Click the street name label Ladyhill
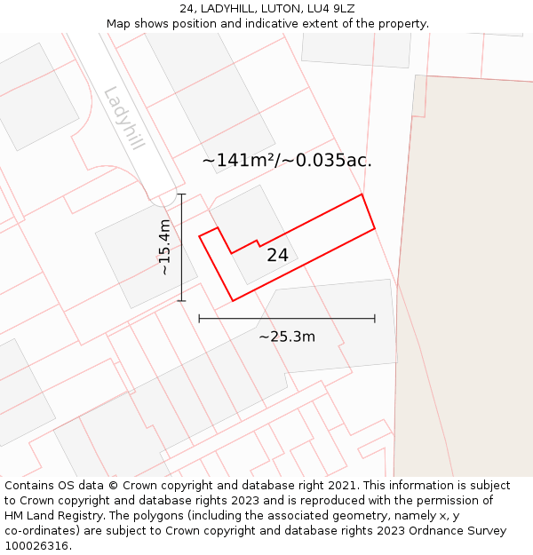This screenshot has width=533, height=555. [123, 118]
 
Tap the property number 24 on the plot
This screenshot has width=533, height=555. [277, 255]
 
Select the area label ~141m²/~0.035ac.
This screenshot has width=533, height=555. [287, 161]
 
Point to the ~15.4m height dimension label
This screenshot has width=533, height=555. [164, 248]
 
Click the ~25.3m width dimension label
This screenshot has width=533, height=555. [287, 337]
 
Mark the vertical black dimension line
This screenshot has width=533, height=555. [181, 266]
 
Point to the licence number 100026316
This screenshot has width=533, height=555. [38, 546]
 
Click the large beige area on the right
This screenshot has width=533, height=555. [466, 266]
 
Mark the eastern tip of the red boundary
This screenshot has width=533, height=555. [375, 228]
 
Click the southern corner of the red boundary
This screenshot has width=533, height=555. [233, 300]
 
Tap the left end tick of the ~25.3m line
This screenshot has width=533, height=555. [199, 318]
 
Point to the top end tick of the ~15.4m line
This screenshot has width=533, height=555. [181, 194]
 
